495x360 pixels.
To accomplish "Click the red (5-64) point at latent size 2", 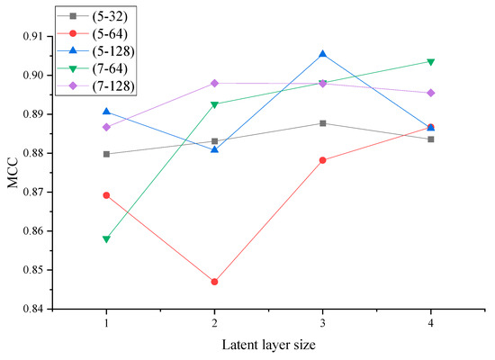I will tap(214, 282).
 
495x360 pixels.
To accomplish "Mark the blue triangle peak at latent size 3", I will tap(322, 54).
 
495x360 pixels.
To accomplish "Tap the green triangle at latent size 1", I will tap(106, 239).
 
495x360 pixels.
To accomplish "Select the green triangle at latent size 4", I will tap(431, 61).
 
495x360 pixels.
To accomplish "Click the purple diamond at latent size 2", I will tap(214, 83).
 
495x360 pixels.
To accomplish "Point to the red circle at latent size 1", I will tap(106, 195).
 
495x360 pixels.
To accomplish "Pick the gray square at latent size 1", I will tap(106, 154).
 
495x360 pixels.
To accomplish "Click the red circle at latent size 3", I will tap(322, 160).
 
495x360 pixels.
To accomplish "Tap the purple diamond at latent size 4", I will tap(431, 93).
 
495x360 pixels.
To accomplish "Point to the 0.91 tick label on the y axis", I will tap(40, 36).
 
